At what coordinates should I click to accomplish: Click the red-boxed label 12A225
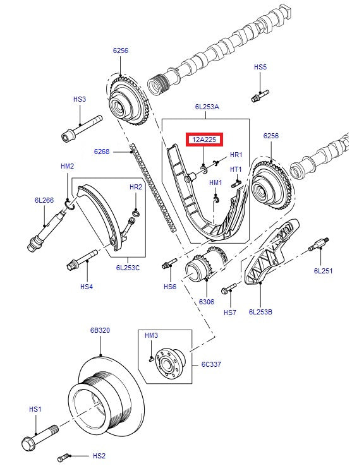204,140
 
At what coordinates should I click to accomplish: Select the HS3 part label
79,99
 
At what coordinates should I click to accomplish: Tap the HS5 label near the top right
260,66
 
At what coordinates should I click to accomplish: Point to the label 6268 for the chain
102,152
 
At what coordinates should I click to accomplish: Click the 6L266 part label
44,200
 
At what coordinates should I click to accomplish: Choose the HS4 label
86,287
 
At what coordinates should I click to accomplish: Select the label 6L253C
129,267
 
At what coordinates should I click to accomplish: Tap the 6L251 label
323,271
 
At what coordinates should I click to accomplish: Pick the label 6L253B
260,311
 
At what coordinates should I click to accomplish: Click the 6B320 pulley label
99,330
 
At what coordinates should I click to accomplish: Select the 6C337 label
210,364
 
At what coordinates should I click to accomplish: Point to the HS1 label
35,409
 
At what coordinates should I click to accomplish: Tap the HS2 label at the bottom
99,455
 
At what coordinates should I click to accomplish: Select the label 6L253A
206,107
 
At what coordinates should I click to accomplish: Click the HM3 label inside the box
152,335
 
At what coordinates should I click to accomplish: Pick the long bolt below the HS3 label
81,128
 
